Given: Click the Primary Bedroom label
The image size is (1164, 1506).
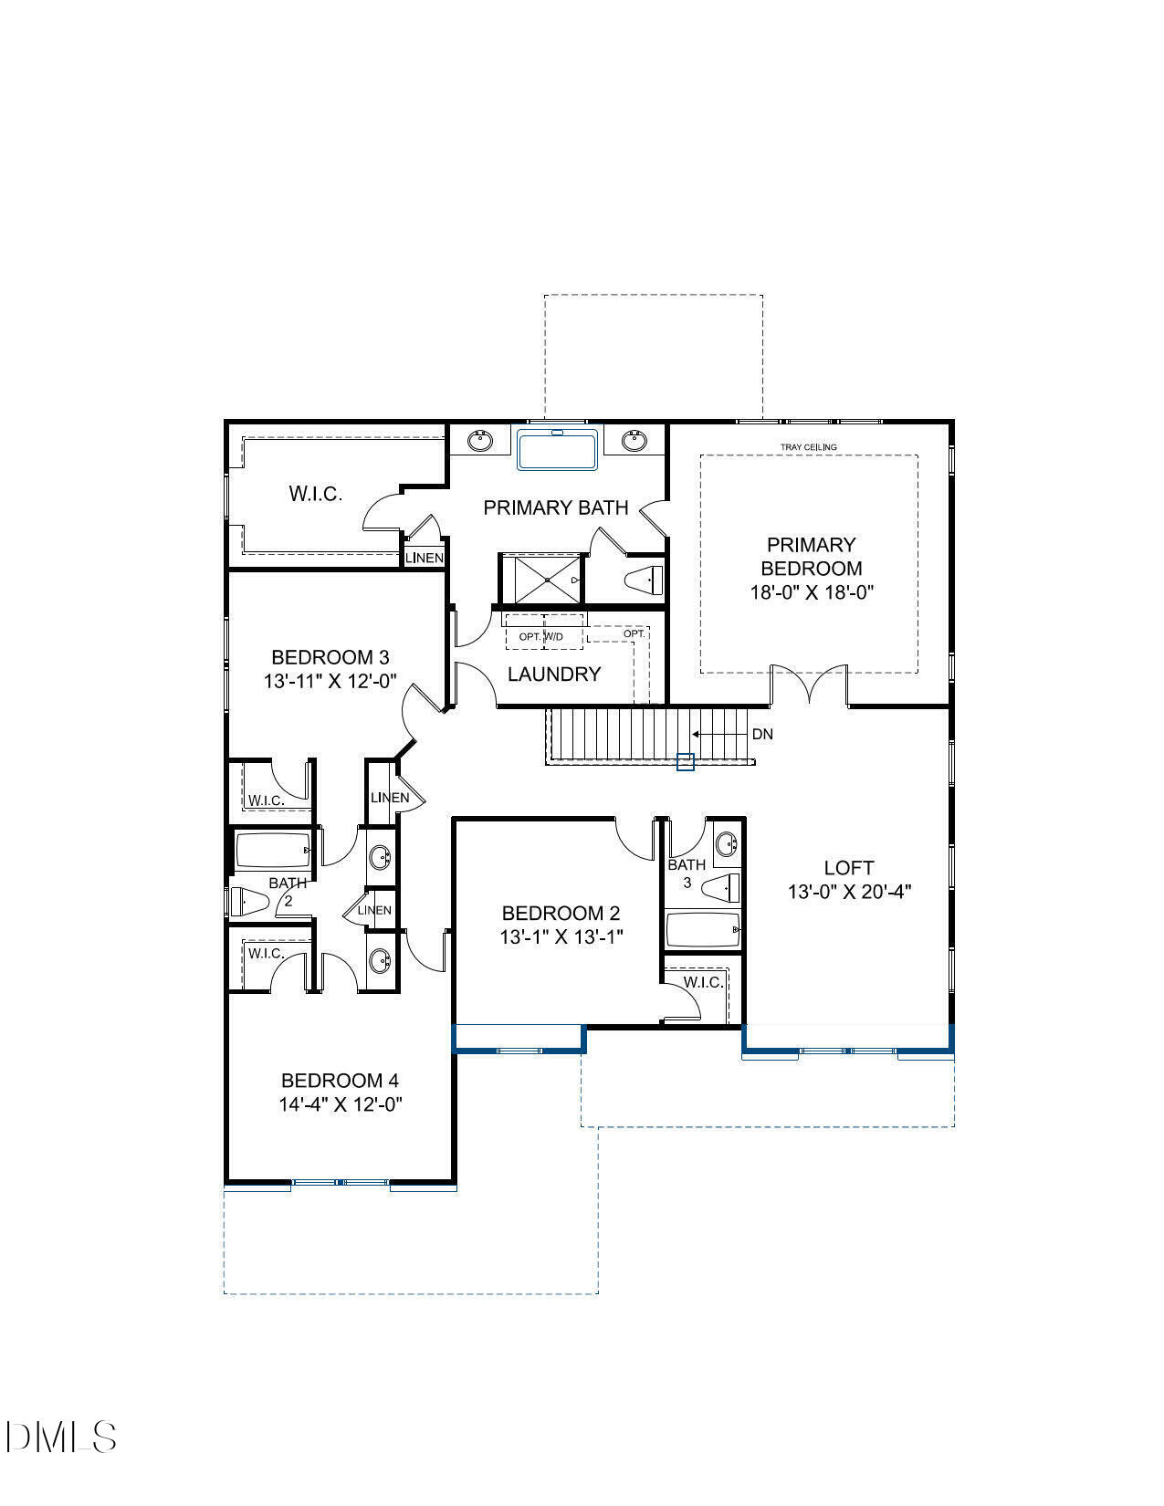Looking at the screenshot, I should coord(810,556).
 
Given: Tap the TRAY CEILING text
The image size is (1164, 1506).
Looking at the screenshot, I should coord(808,447).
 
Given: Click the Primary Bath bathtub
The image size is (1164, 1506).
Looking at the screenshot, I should coord(557,450).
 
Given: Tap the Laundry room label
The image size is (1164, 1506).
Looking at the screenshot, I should coord(554,675).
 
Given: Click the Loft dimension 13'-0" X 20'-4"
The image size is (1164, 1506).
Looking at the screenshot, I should coord(850,892).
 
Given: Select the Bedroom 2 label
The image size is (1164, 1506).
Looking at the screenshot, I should coord(561,913).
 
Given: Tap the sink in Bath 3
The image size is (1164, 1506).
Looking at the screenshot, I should coord(725,842).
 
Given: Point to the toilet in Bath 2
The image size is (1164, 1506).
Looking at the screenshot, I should coord(248,902).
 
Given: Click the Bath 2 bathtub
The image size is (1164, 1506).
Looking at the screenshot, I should coord(272,851).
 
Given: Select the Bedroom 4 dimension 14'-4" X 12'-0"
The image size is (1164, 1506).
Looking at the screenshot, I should coord(341,1104).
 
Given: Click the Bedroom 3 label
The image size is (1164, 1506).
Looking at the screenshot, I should coord(330,657).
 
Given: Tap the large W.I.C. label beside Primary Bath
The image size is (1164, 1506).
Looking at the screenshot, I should coord(315,494).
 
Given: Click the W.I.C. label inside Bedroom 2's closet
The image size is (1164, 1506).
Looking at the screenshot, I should coord(702,982).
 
